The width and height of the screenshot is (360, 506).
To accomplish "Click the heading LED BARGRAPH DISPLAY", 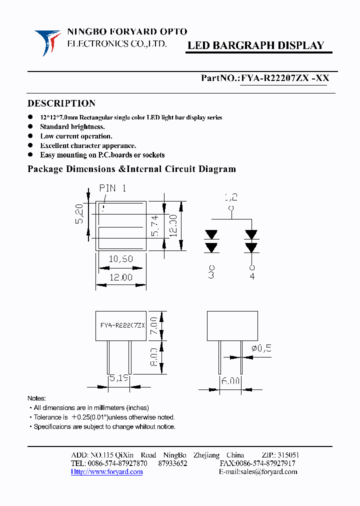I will coord(255,45).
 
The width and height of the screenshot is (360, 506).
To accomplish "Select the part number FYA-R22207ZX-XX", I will coord(284,78).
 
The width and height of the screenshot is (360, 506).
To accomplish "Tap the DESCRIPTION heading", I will coord(61,103).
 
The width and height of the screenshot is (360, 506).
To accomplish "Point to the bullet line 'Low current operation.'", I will coord(76,136).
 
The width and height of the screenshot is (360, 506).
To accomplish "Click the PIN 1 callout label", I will coord(112,188).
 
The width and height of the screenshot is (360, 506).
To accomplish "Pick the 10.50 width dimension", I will coord(120,258).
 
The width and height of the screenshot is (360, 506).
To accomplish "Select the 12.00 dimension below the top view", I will coord(120,277).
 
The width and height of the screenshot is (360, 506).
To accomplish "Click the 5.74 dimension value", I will coord(155,225).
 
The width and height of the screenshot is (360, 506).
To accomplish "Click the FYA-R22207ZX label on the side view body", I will coord(122,325).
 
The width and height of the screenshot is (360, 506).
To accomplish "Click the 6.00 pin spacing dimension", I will coord(230,380).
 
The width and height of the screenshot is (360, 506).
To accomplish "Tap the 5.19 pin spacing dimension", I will coord(118,378).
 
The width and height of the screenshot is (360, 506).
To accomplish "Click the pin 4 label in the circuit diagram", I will coord(251,275).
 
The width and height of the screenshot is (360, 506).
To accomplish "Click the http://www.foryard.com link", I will coord(106,471).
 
